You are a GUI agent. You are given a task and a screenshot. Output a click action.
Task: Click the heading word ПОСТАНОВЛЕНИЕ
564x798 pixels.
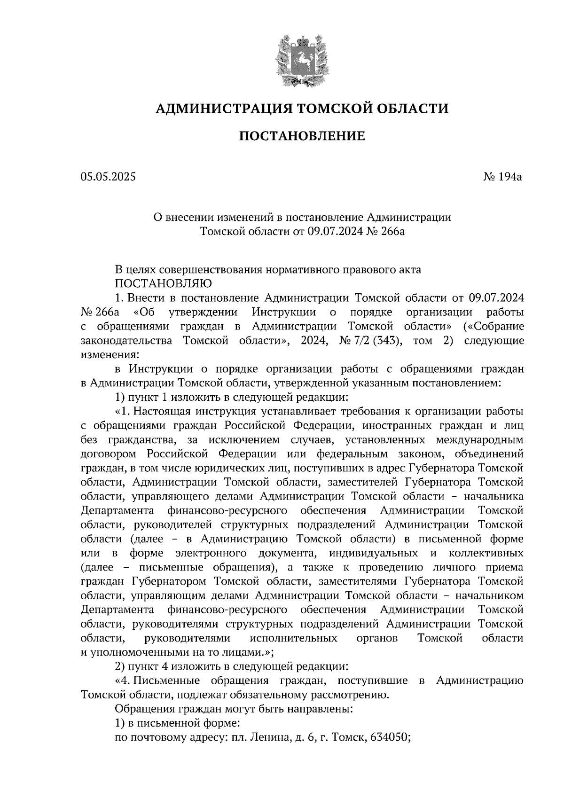tap(302, 137)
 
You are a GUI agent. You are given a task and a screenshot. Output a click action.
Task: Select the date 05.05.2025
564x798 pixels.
tap(108, 177)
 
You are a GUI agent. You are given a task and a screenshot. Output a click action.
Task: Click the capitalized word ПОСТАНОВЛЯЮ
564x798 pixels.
tap(164, 283)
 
